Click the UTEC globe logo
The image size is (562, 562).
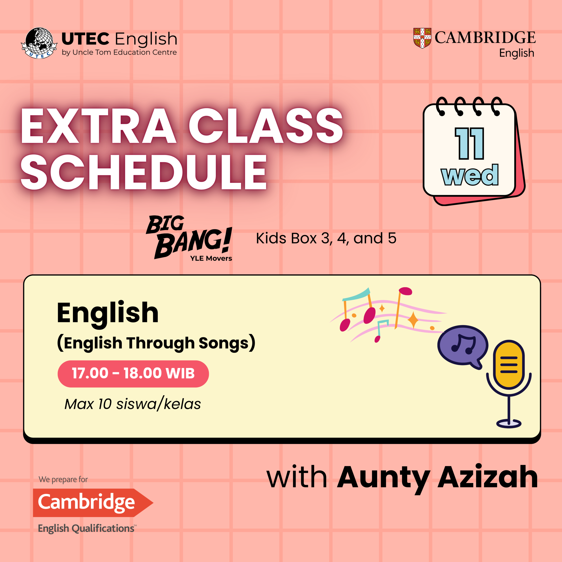pyautogui.click(x=39, y=43)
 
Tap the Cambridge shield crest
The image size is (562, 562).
pyautogui.click(x=422, y=38)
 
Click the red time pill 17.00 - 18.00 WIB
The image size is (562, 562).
pyautogui.click(x=133, y=374)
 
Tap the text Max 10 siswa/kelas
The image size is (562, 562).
pyautogui.click(x=133, y=404)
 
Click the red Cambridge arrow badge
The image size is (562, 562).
pyautogui.click(x=93, y=503)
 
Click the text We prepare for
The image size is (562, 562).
pyautogui.click(x=63, y=480)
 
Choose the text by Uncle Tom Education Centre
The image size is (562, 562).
pyautogui.click(x=119, y=52)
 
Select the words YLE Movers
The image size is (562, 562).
pyautogui.click(x=211, y=258)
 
